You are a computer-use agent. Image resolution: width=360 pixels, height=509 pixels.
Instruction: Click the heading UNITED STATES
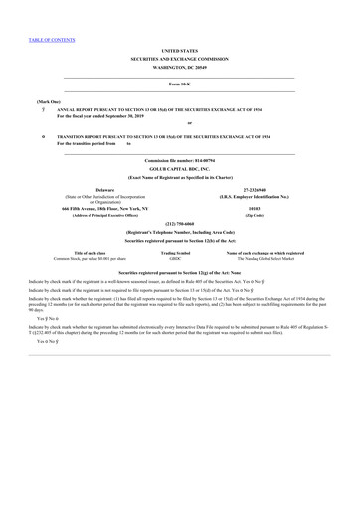coord(179,49)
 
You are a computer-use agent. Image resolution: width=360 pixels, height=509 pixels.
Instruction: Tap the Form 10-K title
coord(179,85)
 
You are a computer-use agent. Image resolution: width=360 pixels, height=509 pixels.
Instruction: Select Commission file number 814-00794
coord(179,160)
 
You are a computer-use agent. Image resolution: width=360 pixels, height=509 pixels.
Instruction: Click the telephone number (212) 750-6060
coord(179,224)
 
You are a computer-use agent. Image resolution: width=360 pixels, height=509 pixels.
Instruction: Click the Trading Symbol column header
coord(176,253)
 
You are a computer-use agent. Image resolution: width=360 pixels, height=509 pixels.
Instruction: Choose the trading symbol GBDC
coord(176,259)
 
